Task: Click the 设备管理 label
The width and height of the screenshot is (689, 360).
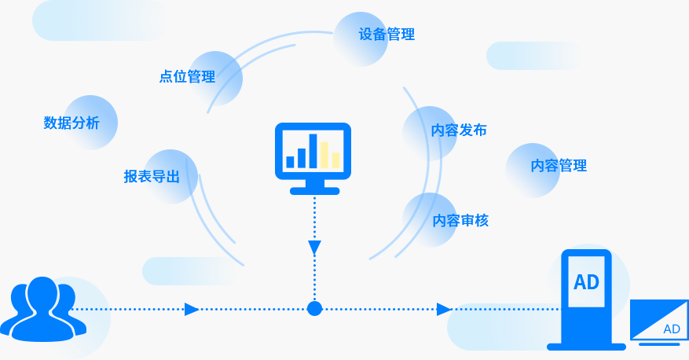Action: coord(387,35)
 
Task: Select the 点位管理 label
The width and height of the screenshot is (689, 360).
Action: coord(187,77)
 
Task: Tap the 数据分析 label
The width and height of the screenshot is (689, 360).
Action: coord(71,123)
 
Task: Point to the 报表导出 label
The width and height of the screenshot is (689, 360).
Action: coord(152,177)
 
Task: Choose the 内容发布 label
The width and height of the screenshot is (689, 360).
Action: coord(459,130)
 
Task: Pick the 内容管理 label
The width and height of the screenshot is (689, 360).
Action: coord(559,166)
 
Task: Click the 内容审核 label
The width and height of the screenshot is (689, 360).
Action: coord(460,221)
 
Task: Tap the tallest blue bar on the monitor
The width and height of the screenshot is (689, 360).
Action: coord(313,151)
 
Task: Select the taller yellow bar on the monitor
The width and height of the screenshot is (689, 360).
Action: coord(324,155)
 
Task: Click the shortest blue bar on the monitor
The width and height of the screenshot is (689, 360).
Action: coord(290,162)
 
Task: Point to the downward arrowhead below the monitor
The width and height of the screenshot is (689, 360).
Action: coord(314,248)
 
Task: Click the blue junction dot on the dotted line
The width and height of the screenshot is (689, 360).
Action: coord(314,308)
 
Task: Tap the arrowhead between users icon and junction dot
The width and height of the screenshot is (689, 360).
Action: coord(191,309)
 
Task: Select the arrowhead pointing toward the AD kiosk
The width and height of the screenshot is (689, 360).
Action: coord(443,309)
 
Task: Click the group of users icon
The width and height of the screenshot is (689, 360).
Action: coord(37,309)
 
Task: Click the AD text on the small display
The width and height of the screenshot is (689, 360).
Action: coord(671,329)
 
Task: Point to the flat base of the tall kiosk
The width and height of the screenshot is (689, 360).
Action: coord(586,346)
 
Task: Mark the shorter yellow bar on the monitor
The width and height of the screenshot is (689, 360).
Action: coord(335,160)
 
